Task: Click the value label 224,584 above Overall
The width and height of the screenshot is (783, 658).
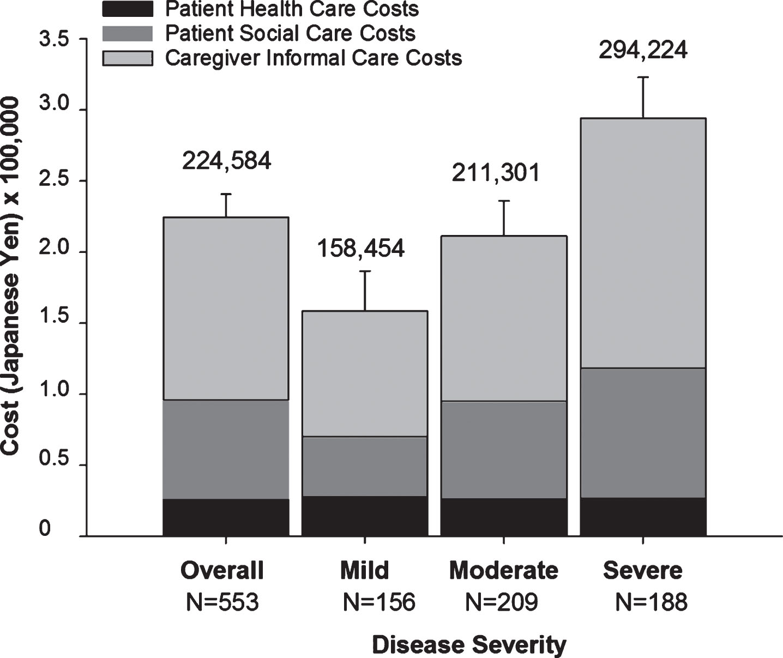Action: pos(226,161)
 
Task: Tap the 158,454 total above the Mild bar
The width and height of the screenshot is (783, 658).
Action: pos(361,248)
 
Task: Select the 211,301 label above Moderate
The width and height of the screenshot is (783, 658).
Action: pos(496,173)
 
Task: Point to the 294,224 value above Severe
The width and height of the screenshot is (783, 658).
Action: pos(643,50)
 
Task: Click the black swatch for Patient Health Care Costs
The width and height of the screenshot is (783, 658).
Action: pos(128,9)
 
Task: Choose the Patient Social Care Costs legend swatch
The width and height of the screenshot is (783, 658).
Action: pos(128,33)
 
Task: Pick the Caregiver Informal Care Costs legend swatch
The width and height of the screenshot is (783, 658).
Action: pos(128,58)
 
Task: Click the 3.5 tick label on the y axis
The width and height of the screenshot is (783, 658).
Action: pos(55,39)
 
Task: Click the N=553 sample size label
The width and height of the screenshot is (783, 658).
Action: pos(222,602)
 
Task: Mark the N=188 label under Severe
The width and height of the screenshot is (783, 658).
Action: pos(652,602)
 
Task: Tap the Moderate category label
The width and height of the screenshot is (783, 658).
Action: pos(504,570)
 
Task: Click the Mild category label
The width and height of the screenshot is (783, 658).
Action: pos(364,570)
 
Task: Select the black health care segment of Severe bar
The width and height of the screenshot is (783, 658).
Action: pos(643,517)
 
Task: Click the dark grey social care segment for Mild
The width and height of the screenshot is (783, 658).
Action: pos(364,466)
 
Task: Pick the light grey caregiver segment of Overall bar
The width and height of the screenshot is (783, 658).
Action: pos(226,309)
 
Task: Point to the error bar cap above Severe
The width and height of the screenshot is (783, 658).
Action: pos(643,77)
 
